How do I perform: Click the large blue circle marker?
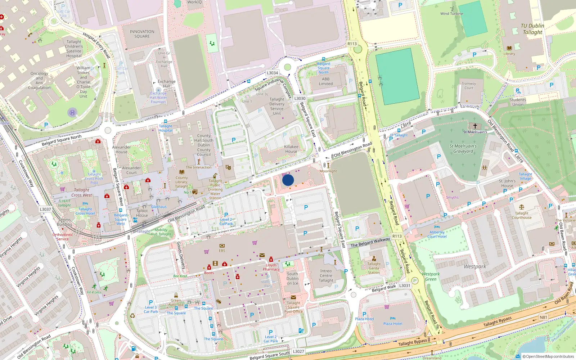288,180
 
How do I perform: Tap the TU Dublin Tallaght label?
532,29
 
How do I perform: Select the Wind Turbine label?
451,14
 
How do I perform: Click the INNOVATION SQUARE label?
142,34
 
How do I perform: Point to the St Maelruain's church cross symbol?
475,126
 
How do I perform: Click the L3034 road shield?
272,73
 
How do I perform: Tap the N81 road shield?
543,317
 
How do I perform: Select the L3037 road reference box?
45,209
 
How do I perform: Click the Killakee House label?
291,149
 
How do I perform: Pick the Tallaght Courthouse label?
522,215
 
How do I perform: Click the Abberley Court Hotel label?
437,234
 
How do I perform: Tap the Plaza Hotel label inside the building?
392,324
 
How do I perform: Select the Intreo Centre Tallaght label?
326,275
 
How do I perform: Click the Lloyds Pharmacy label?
271,267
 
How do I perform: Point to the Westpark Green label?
431,276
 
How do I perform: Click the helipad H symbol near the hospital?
72,112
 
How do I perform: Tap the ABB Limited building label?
326,81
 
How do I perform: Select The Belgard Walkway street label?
370,242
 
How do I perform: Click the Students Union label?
518,102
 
